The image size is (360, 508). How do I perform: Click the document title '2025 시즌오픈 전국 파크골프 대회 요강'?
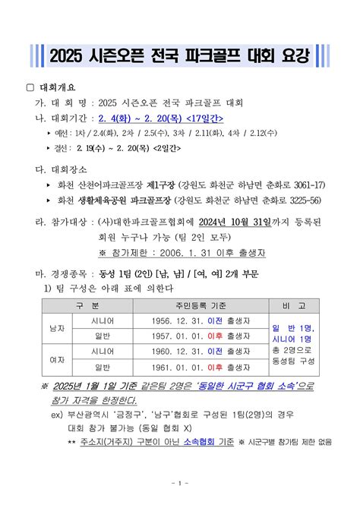tap(180, 55)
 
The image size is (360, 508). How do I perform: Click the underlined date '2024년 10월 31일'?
tap(232, 222)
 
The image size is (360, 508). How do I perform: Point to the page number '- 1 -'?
tap(180, 483)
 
